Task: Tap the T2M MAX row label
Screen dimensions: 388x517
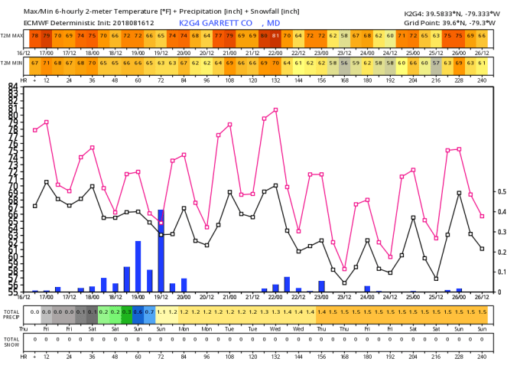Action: pyautogui.click(x=11, y=35)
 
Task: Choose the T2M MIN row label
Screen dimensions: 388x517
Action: pyautogui.click(x=11, y=62)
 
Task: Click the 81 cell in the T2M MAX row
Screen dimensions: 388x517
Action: pyautogui.click(x=276, y=35)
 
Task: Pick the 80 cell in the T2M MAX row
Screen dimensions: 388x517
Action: pyautogui.click(x=265, y=35)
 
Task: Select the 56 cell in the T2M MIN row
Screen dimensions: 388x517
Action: pyautogui.click(x=344, y=62)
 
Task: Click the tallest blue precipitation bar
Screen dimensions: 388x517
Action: pyautogui.click(x=161, y=251)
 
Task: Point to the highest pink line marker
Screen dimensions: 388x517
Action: pyautogui.click(x=275, y=110)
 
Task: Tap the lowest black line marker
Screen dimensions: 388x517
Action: pyautogui.click(x=344, y=283)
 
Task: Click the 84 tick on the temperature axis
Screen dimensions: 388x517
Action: pyautogui.click(x=13, y=86)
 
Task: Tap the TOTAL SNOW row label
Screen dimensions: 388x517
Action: pyautogui.click(x=11, y=341)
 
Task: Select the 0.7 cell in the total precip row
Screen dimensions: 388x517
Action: pyautogui.click(x=149, y=312)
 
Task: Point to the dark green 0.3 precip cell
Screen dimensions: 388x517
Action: pyautogui.click(x=127, y=312)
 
